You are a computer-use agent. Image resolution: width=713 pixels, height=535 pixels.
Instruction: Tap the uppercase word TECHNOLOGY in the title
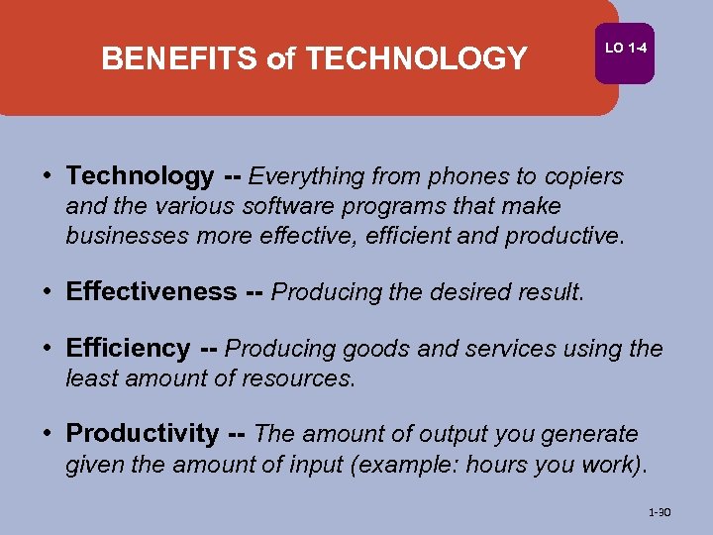pos(416,59)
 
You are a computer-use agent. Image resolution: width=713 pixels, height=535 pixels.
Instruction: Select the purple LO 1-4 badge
pos(624,49)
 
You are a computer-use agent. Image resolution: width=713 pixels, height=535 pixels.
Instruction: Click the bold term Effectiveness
pos(151,292)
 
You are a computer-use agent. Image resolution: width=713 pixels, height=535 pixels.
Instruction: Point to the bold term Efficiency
pos(128,349)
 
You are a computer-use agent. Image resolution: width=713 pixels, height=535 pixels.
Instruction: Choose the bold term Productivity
pos(142,434)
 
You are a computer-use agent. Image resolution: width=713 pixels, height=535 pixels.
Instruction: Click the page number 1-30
pos(659,513)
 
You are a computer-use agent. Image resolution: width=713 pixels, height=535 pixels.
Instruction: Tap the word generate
pos(592,434)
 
